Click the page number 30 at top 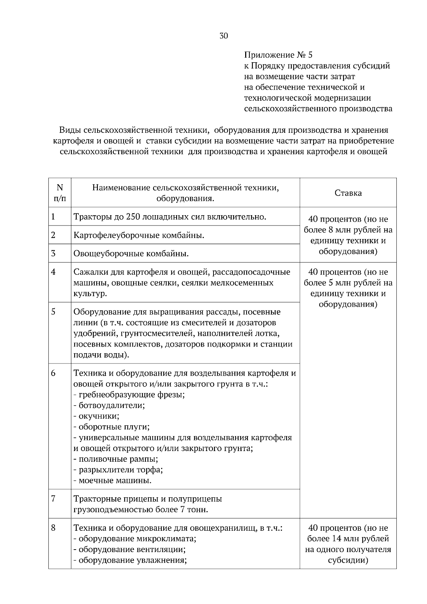click(x=223, y=36)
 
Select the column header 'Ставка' click(x=348, y=193)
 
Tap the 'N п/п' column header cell click(x=60, y=192)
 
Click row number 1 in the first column click(x=53, y=217)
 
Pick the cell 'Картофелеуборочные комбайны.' click(x=139, y=235)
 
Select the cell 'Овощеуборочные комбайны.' click(x=131, y=254)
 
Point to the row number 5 click(x=53, y=312)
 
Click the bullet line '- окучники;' click(x=96, y=416)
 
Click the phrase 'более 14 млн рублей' click(x=348, y=539)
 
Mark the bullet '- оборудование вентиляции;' click(x=130, y=550)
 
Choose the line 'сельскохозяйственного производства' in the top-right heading click(x=318, y=108)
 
